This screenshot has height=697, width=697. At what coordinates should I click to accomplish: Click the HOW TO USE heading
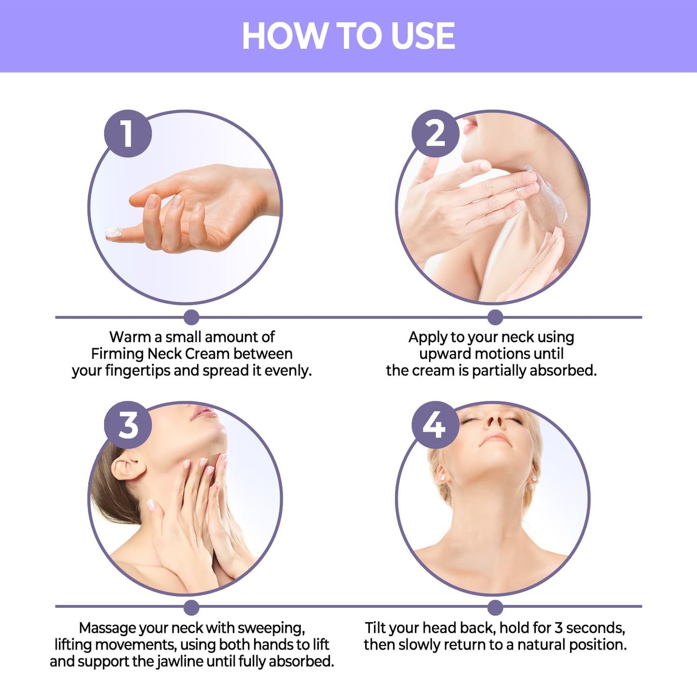(348, 35)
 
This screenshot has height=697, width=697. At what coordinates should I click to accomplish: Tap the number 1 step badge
(128, 134)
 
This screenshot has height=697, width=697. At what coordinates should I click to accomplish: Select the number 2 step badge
(436, 134)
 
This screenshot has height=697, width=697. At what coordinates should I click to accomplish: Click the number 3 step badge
(128, 424)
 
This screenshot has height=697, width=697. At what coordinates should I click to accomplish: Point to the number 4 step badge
(436, 424)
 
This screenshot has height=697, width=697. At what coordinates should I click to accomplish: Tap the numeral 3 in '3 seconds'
(559, 629)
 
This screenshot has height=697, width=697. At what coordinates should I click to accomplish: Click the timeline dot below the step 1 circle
(191, 317)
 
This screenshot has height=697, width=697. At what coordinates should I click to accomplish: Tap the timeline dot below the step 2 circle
(495, 317)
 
